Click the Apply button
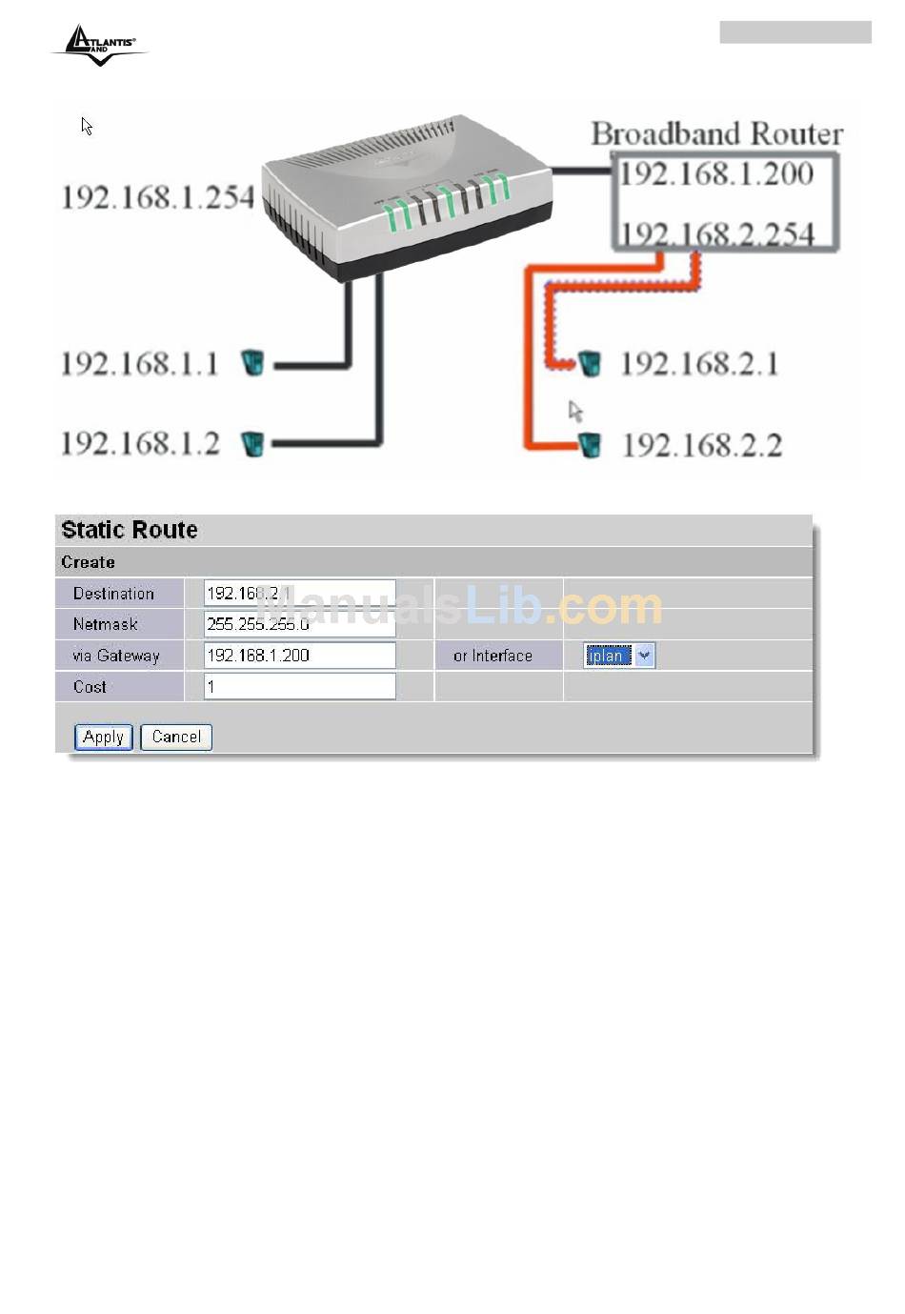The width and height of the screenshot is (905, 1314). [x=103, y=737]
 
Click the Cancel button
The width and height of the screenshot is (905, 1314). [x=176, y=737]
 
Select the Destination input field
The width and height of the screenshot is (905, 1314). [x=299, y=593]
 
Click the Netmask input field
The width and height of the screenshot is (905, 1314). [x=299, y=624]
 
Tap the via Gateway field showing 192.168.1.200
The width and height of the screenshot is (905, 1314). [x=299, y=656]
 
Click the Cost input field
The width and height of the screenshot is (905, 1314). [x=299, y=686]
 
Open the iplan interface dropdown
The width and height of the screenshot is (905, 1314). [x=644, y=656]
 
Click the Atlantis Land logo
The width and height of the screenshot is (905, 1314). [x=99, y=44]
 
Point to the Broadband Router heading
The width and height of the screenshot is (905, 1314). [x=716, y=133]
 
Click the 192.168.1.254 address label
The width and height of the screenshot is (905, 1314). [x=157, y=197]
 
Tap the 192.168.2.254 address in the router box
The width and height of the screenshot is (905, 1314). [x=717, y=233]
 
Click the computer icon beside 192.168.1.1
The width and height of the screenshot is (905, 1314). [x=252, y=362]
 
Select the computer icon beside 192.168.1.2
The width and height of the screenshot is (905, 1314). [x=252, y=443]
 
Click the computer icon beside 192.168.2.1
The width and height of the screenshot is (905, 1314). [x=590, y=363]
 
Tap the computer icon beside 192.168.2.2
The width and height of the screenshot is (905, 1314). [x=590, y=444]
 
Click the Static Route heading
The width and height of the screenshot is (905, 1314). [x=130, y=530]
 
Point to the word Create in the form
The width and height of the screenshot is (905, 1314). [x=88, y=562]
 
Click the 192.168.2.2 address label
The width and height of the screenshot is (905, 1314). [x=702, y=445]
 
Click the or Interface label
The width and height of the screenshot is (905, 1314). [x=493, y=656]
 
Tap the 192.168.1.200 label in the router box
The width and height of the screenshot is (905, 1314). [x=716, y=173]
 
